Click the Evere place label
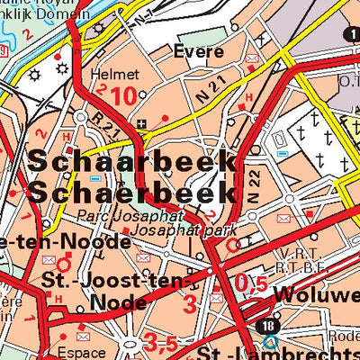[199, 52]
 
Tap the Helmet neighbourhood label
[115, 74]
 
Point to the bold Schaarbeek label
[132, 163]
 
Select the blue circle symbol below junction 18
[271, 343]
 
